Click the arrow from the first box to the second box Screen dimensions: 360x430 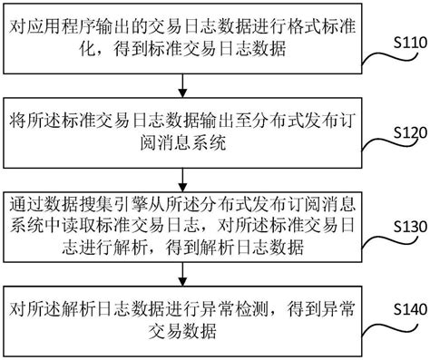coord(184,84)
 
